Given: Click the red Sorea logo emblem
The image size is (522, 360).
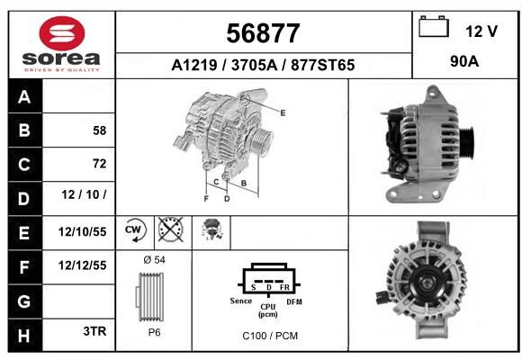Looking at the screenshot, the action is pyautogui.click(x=62, y=33).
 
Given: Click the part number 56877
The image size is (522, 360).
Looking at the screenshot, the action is pyautogui.click(x=263, y=33).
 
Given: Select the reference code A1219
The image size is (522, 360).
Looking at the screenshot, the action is pyautogui.click(x=194, y=65).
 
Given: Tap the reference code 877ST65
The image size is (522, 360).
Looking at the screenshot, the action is pyautogui.click(x=322, y=65).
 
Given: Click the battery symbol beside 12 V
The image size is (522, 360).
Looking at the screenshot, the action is pyautogui.click(x=434, y=27).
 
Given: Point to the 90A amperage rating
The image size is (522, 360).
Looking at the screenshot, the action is pyautogui.click(x=464, y=61).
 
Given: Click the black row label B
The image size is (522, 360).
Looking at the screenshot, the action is pyautogui.click(x=24, y=130).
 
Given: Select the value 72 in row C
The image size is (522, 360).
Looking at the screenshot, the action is pyautogui.click(x=100, y=164).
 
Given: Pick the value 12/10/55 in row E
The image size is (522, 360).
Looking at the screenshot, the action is pyautogui.click(x=82, y=232).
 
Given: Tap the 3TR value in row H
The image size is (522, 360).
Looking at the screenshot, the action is pyautogui.click(x=94, y=331).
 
